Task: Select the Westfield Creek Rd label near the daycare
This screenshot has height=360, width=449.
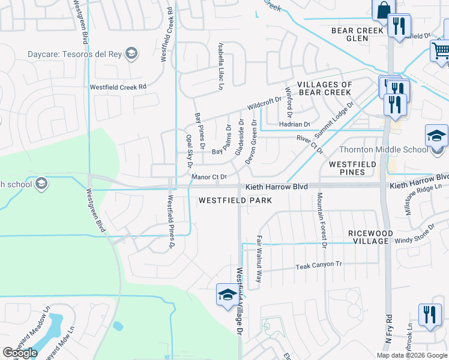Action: coord(118,87)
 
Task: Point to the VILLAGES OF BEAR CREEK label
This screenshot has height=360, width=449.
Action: coord(324,89)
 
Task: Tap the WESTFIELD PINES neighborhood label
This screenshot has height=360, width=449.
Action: coord(352,168)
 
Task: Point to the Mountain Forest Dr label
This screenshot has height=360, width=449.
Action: coord(322,220)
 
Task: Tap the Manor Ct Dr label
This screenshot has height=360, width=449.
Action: coord(209,177)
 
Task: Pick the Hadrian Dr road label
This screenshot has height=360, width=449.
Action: coord(294,124)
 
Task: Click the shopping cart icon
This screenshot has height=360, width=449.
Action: coord(441,50)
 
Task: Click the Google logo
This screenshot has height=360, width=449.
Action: coord(20,353)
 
